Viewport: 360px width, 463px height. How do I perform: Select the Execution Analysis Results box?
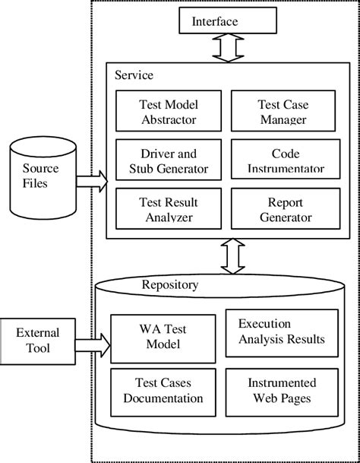(x=282, y=331)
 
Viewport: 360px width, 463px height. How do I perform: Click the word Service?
(x=134, y=75)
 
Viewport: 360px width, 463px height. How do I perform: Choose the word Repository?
(x=170, y=285)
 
